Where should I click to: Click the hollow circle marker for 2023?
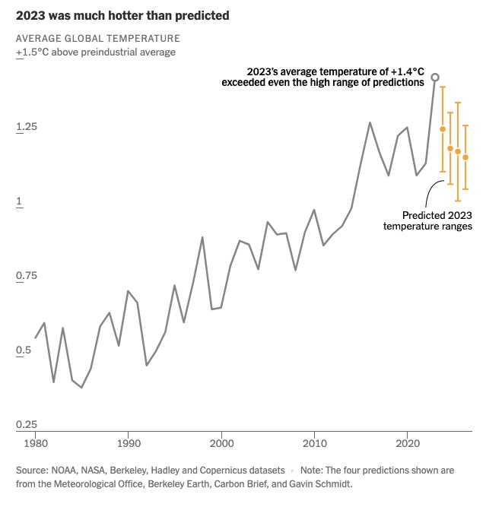point(435,77)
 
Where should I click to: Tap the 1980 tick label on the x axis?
point(35,442)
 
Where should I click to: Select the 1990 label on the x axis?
point(128,442)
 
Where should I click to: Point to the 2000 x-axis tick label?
point(221,442)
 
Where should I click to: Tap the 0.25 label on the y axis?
point(27,424)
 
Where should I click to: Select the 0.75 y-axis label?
point(27,276)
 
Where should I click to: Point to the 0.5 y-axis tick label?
point(24,350)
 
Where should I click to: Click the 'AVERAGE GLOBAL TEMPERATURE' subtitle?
point(98,38)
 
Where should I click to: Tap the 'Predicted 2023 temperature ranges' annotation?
point(427,220)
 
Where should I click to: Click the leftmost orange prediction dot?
point(443,129)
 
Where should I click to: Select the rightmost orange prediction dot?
point(465,157)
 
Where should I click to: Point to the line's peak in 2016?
point(370,122)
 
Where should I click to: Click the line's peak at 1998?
point(202,237)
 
